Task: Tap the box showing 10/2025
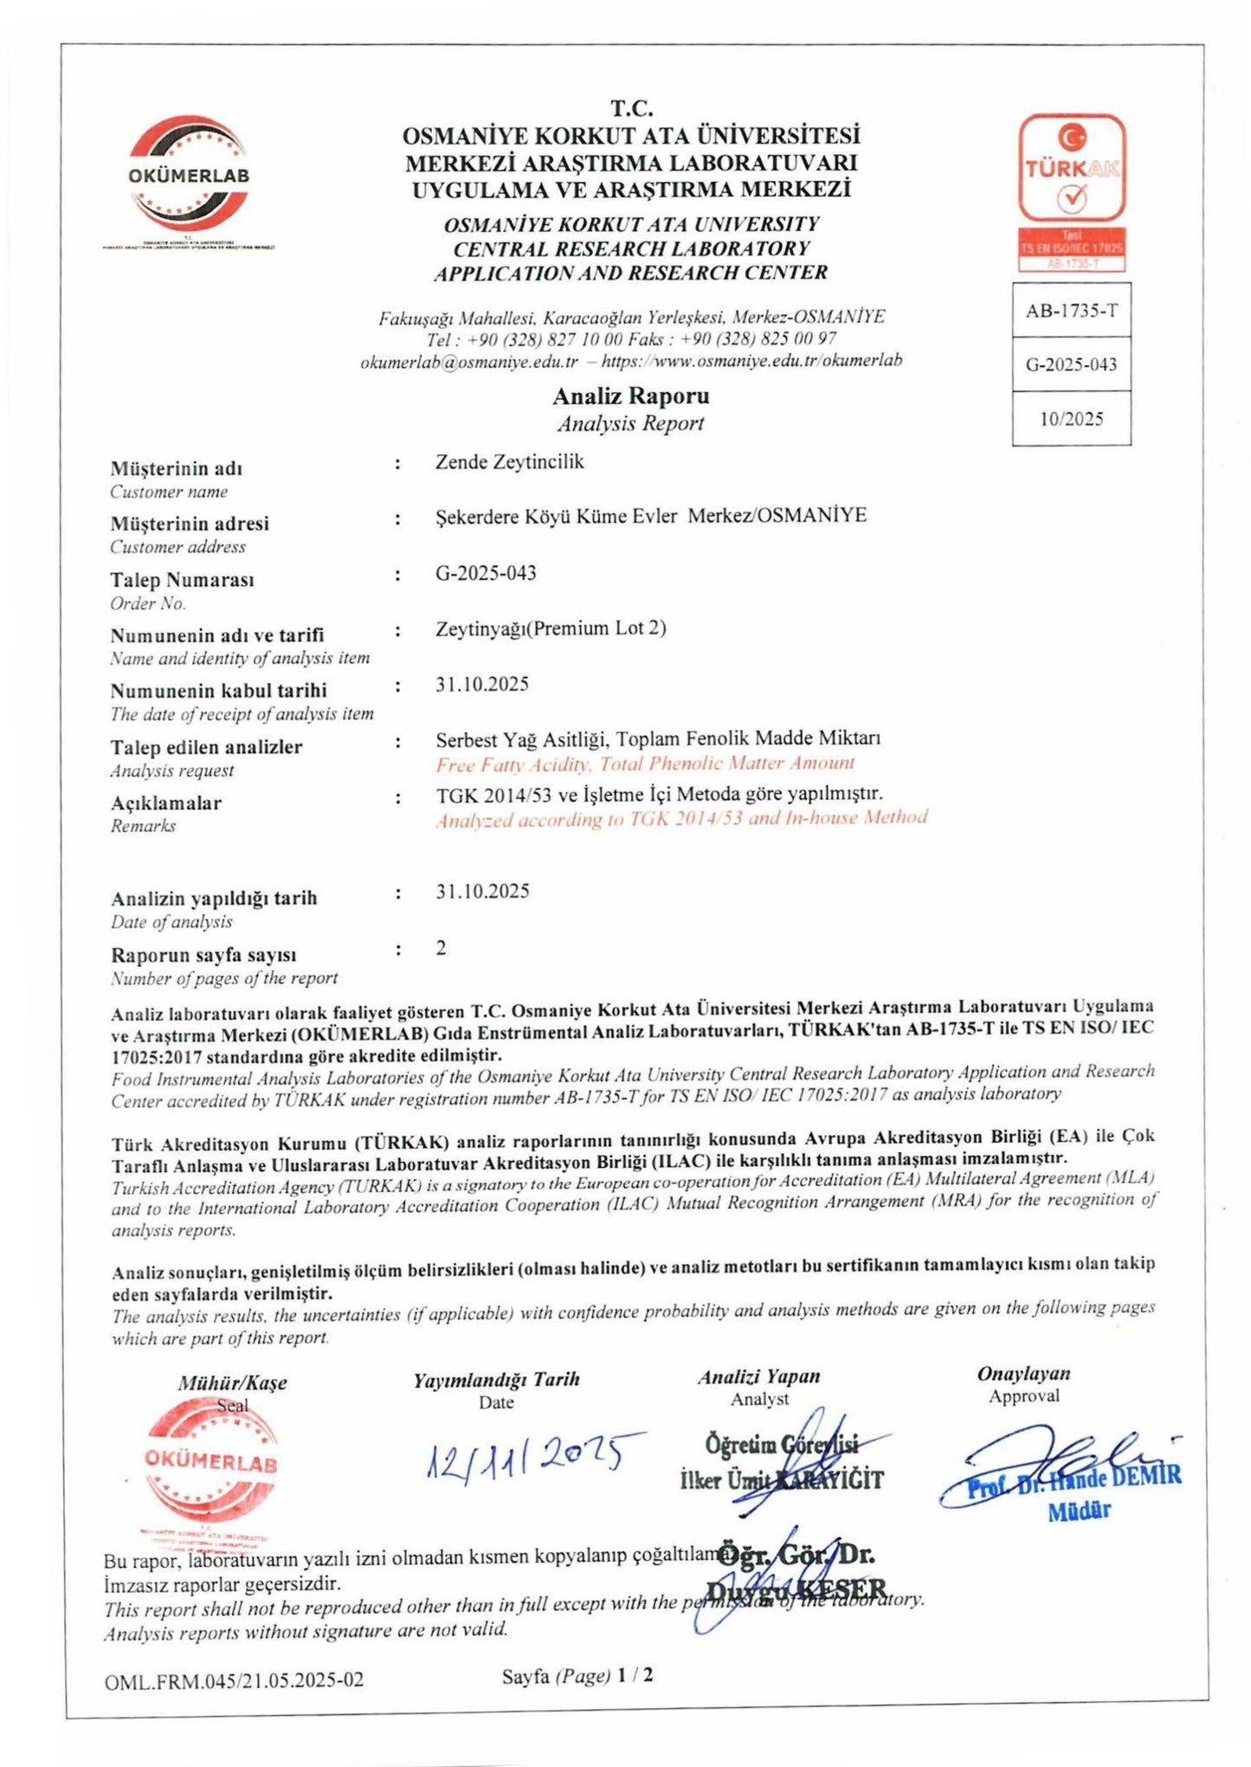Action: (1071, 419)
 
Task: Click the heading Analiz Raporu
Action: (630, 397)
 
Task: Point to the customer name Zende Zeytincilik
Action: (509, 462)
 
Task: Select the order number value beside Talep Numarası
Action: (486, 573)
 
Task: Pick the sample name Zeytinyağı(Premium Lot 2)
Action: (551, 629)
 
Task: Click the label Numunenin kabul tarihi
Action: (218, 691)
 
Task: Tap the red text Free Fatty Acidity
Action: (513, 764)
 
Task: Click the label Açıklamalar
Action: (165, 803)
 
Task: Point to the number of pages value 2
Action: (442, 948)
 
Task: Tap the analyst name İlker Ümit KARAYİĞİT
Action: (782, 1480)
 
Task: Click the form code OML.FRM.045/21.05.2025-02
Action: (234, 1681)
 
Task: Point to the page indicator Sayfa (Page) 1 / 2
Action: (577, 1676)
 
